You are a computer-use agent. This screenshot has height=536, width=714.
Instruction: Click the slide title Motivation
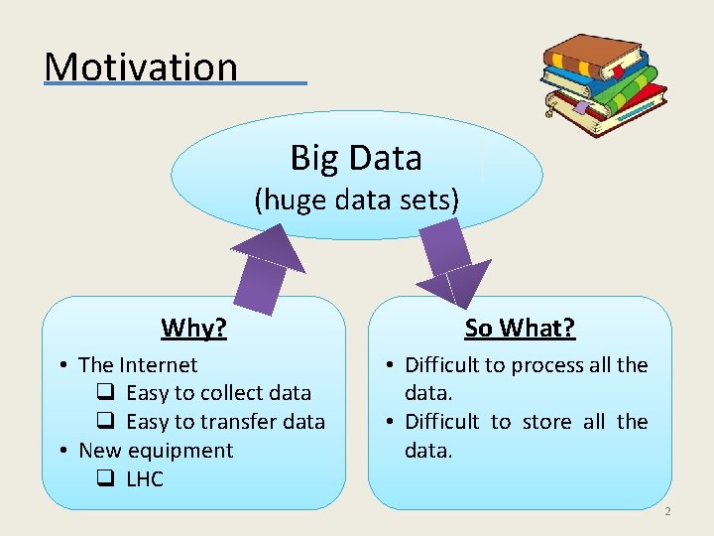click(x=141, y=67)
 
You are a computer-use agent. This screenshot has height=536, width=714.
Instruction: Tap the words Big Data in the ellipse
click(x=356, y=157)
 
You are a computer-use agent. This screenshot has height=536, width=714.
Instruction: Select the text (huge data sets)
click(x=356, y=201)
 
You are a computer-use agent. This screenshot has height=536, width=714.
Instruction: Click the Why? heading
click(x=193, y=328)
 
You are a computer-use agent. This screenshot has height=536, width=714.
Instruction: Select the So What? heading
click(x=520, y=328)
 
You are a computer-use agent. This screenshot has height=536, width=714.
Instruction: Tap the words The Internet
click(x=138, y=365)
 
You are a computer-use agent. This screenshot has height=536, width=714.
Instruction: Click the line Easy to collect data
click(x=218, y=393)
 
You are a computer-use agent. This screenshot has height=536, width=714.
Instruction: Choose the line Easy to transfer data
click(x=225, y=422)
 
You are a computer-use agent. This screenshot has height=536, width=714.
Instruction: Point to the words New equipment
click(x=156, y=451)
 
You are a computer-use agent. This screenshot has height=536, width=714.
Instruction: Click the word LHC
click(x=145, y=479)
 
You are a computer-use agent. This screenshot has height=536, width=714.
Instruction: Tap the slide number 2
click(x=667, y=511)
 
